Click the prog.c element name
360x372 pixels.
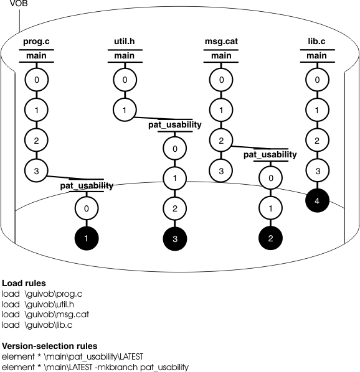pyautogui.click(x=36, y=43)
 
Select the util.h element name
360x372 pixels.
pyautogui.click(x=125, y=43)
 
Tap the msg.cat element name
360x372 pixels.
pyautogui.click(x=221, y=43)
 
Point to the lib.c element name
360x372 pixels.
pyautogui.click(x=317, y=43)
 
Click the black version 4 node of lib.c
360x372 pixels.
pyautogui.click(x=317, y=201)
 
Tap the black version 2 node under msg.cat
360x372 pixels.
pyautogui.click(x=270, y=238)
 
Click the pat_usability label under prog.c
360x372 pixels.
pyautogui.click(x=87, y=185)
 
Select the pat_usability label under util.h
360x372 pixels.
pyautogui.click(x=174, y=125)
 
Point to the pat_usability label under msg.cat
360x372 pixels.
pyautogui.click(x=270, y=155)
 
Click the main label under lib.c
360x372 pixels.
pyautogui.click(x=317, y=57)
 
